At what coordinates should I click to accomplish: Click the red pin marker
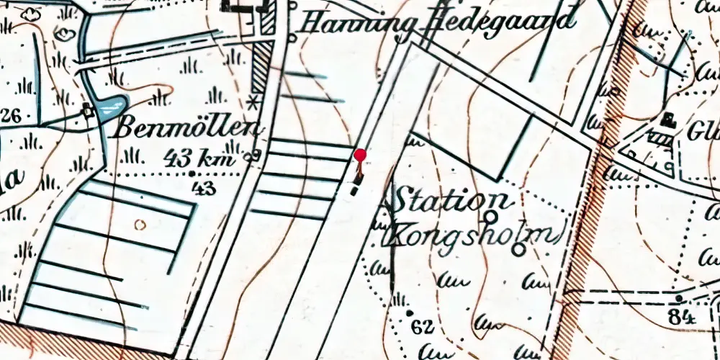click(x=360, y=155)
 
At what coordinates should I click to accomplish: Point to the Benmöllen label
click(x=187, y=130)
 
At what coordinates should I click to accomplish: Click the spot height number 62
click(x=423, y=328)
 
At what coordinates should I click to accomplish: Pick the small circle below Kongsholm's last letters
click(x=519, y=249)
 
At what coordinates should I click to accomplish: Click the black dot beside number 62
click(x=409, y=314)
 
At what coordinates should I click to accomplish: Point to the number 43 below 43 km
click(x=205, y=188)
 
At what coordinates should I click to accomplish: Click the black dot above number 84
click(x=678, y=297)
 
